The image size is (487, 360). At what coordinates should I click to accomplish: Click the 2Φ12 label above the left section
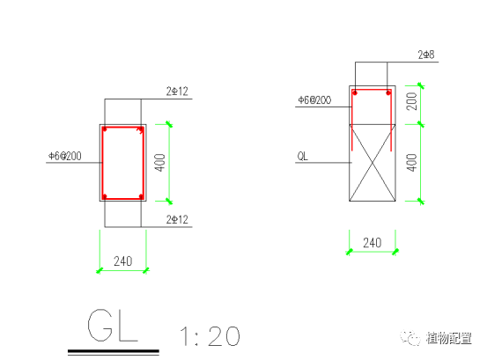click(177, 92)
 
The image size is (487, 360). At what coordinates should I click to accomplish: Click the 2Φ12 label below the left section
click(177, 220)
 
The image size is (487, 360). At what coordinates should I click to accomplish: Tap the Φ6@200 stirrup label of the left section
click(65, 156)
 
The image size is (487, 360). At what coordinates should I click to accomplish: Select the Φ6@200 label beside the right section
click(314, 100)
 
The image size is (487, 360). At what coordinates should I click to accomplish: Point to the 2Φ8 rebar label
click(426, 55)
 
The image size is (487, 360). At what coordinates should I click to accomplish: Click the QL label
click(303, 156)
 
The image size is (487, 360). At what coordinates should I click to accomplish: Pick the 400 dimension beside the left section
click(160, 163)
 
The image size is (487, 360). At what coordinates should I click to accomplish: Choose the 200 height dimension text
click(411, 101)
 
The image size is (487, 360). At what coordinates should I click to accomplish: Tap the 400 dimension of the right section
click(411, 163)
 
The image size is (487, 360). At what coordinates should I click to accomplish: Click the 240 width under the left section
click(123, 261)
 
